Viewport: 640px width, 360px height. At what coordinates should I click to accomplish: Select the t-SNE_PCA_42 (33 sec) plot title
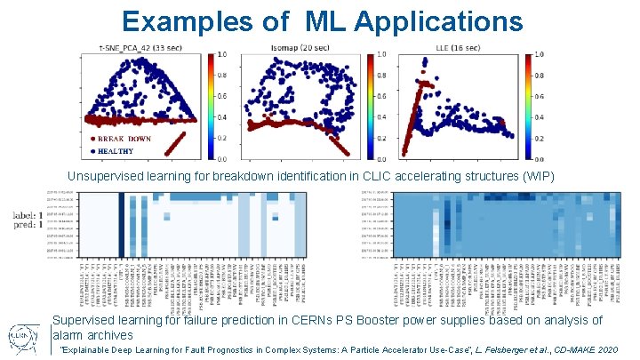[142, 47]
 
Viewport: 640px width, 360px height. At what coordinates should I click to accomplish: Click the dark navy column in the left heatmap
[122, 227]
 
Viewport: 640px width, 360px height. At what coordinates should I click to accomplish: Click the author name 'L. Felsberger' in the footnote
[456, 351]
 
